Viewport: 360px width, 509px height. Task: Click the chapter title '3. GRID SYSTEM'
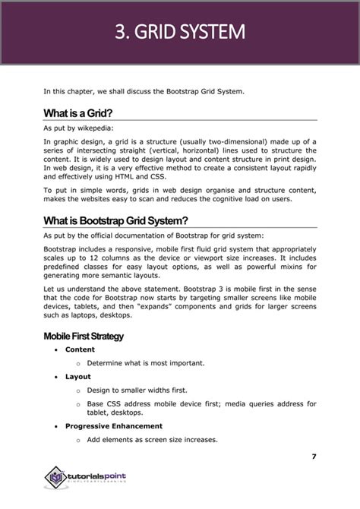[180, 33]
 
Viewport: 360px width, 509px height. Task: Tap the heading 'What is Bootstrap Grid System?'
[115, 221]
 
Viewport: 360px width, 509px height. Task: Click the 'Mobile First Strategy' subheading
[84, 336]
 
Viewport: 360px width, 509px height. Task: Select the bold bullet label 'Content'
[80, 349]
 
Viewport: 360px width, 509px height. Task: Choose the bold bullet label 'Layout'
[77, 377]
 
